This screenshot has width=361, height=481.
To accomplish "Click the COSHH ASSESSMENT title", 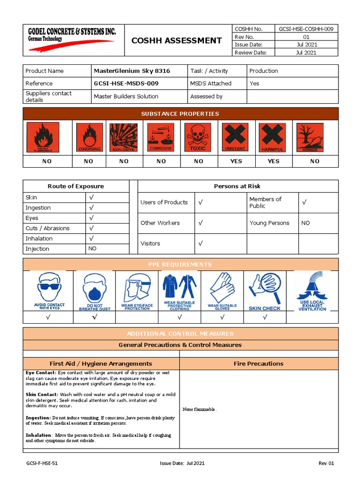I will [176, 40].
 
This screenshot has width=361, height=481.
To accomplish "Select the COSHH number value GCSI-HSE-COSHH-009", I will [306, 29].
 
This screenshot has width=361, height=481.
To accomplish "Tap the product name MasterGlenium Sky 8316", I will [132, 71].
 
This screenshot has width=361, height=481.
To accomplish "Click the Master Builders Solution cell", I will [126, 96].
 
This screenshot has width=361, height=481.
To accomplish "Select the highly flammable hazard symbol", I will [43, 137].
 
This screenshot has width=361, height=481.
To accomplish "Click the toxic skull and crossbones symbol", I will [198, 137].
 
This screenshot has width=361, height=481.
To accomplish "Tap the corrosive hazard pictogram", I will [161, 137].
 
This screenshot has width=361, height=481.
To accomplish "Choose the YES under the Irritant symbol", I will [236, 161].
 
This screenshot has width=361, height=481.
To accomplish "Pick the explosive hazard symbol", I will [124, 137].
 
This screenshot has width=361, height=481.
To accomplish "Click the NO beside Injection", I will [92, 248].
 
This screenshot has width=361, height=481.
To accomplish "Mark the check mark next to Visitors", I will [200, 243].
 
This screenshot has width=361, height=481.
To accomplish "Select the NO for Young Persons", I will [306, 223].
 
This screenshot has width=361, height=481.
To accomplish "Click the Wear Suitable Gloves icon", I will [222, 291].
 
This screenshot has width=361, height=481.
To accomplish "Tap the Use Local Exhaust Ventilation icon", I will [312, 291].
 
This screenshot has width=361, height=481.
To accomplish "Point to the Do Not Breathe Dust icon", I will [94, 291].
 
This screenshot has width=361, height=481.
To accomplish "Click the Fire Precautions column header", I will [259, 363].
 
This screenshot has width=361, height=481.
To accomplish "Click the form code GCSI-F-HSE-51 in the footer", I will [42, 463].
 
